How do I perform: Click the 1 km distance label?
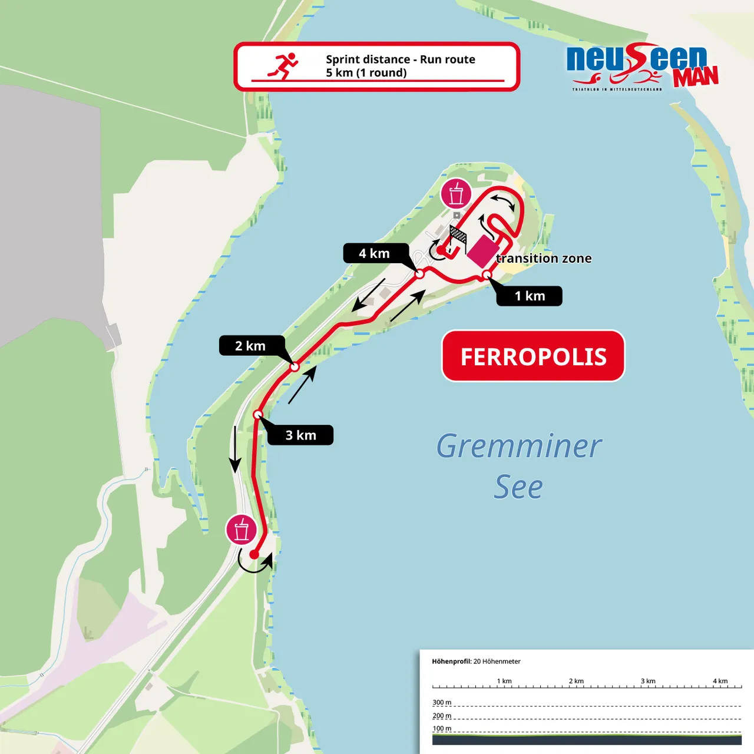pyautogui.click(x=530, y=296)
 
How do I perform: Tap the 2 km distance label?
pyautogui.click(x=251, y=346)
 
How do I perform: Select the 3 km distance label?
pyautogui.click(x=300, y=435)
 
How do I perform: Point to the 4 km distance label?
pyautogui.click(x=375, y=253)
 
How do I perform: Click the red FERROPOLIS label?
pyautogui.click(x=533, y=356)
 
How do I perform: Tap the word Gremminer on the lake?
pyautogui.click(x=518, y=446)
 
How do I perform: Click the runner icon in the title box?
pyautogui.click(x=284, y=65)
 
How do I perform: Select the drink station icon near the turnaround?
pyautogui.click(x=242, y=530)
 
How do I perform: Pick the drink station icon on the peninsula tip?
pyautogui.click(x=456, y=194)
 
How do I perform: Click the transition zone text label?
pyautogui.click(x=544, y=258)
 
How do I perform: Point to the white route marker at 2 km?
pyautogui.click(x=295, y=367)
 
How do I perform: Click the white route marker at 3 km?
pyautogui.click(x=257, y=415)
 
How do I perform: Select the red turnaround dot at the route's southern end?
pyautogui.click(x=254, y=554)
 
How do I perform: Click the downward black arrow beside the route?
pyautogui.click(x=235, y=449)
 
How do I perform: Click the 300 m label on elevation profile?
pyautogui.click(x=442, y=702)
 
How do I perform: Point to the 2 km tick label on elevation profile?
pyautogui.click(x=576, y=681)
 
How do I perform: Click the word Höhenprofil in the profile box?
pyautogui.click(x=451, y=662)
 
